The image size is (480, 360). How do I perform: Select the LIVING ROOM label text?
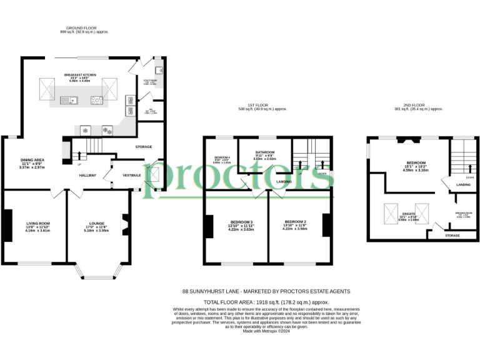[37, 223]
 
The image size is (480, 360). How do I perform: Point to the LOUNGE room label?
[96, 223]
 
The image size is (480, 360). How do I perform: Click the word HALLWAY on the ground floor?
[87, 175]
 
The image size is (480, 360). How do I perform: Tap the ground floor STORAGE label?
[143, 147]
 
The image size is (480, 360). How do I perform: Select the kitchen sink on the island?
[67, 100]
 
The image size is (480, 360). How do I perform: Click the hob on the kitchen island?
[97, 99]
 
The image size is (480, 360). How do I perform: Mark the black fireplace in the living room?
[7, 226]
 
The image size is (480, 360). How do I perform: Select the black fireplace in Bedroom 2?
[326, 225]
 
